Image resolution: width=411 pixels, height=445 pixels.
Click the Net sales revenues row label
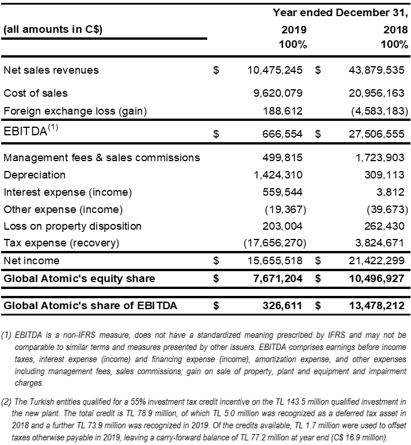[51, 70]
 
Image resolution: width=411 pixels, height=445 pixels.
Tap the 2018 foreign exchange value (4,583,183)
[376, 111]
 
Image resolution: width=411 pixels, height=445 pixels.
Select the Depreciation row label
[35, 174]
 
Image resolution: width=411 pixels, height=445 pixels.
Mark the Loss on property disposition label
[73, 226]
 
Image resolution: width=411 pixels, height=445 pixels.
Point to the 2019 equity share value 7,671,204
[275, 279]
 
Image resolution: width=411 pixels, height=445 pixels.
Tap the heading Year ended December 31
[340, 12]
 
